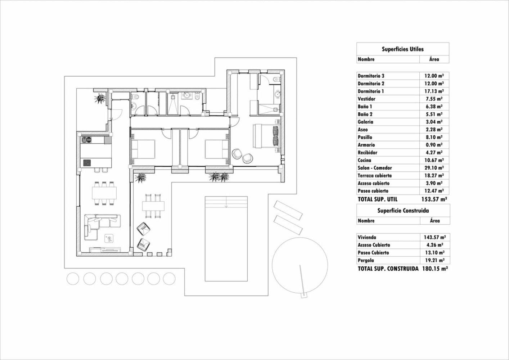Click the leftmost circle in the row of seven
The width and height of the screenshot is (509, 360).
pos(73,279)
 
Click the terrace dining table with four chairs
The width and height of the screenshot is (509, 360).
pos(152,206)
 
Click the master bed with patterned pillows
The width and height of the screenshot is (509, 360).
pos(266,136)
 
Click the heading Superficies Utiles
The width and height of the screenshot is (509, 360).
pos(402,49)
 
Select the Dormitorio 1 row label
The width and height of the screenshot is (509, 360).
pos(371,91)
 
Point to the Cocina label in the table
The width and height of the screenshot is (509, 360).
pos(364,160)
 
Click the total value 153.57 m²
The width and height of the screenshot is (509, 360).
pos(434,199)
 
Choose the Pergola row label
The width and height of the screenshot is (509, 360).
pos(366,260)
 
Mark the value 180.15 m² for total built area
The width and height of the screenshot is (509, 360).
pos(435,269)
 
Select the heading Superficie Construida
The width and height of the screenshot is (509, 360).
pos(402,211)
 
